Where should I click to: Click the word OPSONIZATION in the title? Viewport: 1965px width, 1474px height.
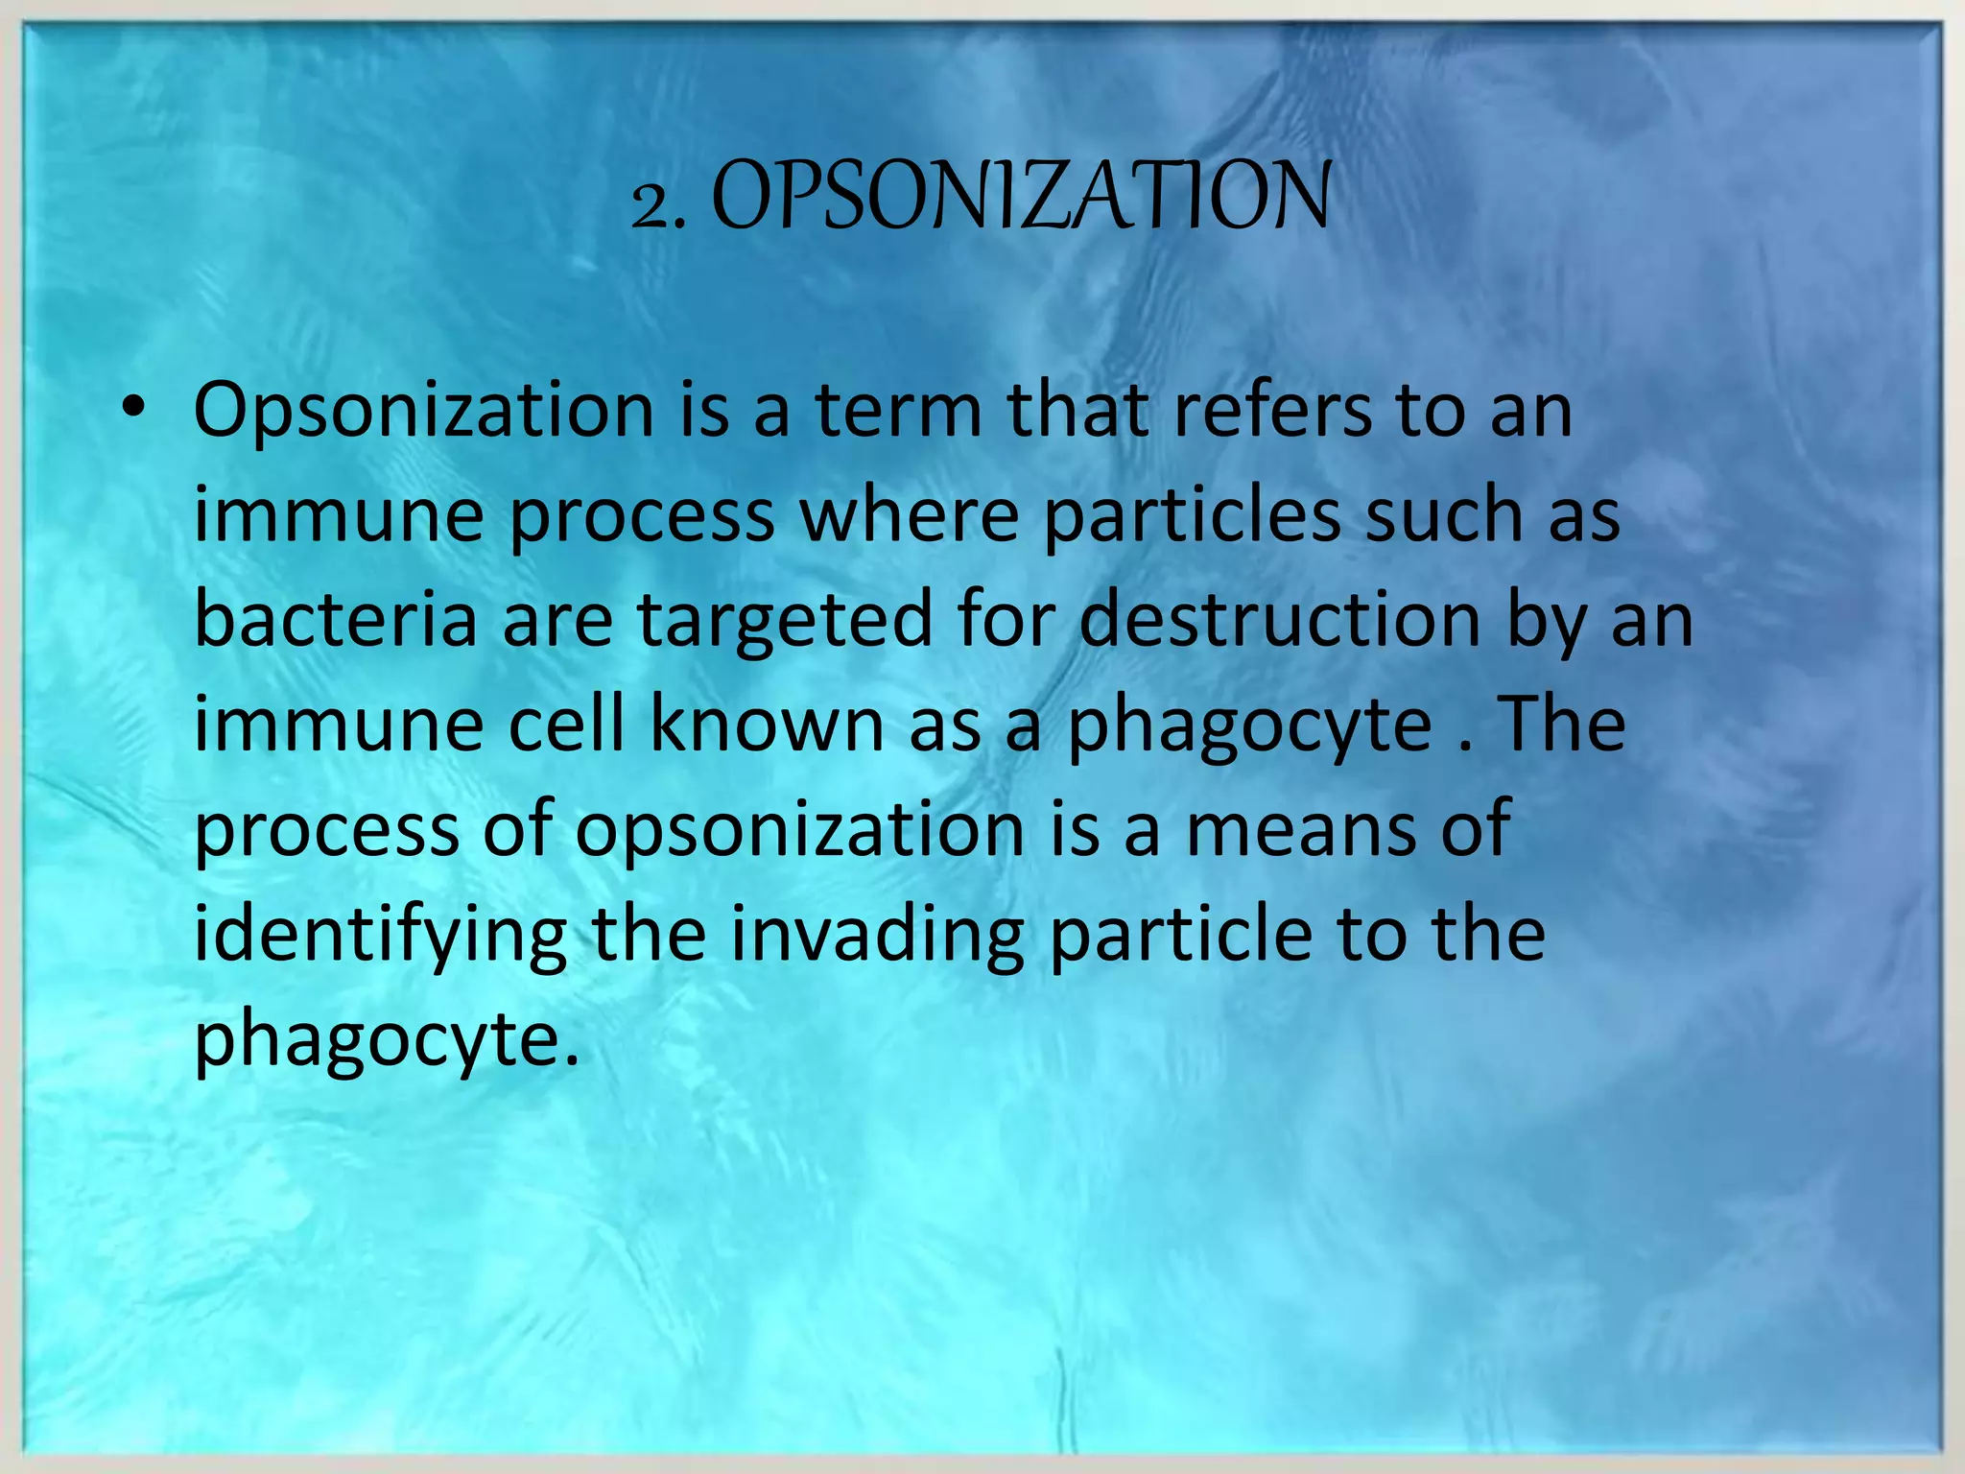(1021, 196)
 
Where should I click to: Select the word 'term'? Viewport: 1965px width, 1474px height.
(899, 411)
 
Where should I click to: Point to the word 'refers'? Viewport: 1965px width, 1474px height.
(1272, 411)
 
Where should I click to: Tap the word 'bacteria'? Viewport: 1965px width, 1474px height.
(335, 619)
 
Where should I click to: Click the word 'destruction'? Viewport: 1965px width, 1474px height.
(1280, 619)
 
